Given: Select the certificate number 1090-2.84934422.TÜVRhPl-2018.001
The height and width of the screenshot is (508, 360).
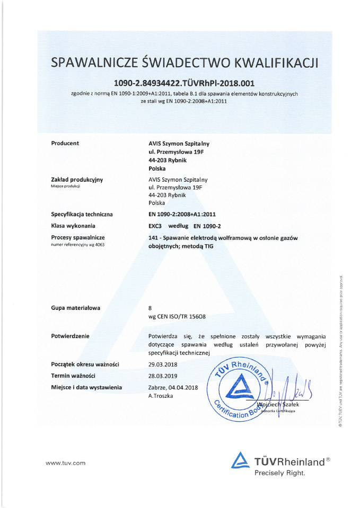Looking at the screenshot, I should pyautogui.click(x=185, y=83).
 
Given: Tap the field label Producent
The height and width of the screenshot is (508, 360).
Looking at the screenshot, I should pyautogui.click(x=65, y=144).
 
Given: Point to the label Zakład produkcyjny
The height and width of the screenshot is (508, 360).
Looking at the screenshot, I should pyautogui.click(x=77, y=180).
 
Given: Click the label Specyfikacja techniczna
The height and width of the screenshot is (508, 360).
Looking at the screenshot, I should pyautogui.click(x=82, y=214).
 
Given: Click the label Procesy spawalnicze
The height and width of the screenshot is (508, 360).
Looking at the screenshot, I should pyautogui.click(x=77, y=238).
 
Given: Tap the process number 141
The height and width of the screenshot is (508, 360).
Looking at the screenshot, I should pyautogui.click(x=154, y=238).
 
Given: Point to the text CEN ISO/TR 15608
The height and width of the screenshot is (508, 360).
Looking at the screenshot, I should pyautogui.click(x=182, y=316).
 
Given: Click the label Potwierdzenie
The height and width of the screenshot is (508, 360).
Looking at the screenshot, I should pyautogui.click(x=71, y=336).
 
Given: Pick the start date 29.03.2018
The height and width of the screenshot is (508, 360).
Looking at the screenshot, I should pyautogui.click(x=166, y=364).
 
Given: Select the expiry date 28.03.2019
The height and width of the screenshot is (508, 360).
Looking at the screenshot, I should pyautogui.click(x=166, y=376).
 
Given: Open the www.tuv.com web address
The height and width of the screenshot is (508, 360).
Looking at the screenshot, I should pyautogui.click(x=65, y=463).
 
